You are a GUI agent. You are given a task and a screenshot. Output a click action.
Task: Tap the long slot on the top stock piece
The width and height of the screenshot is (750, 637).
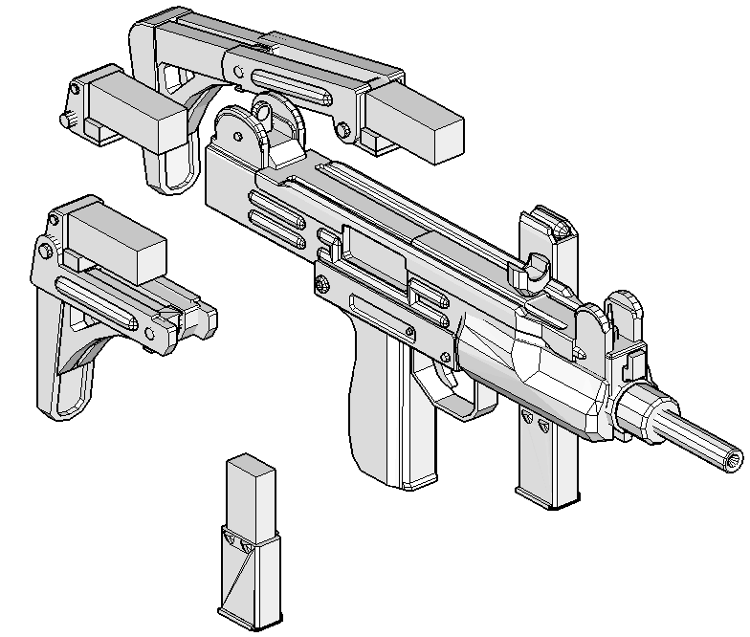[x=292, y=87]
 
